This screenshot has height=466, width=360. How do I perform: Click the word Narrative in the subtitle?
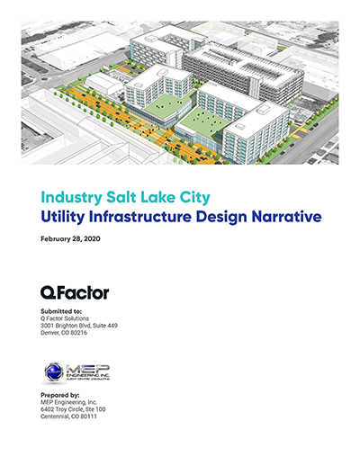point(283,216)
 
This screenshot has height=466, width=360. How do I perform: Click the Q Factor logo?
point(75,292)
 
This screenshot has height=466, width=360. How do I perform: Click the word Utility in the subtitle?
point(66,216)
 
